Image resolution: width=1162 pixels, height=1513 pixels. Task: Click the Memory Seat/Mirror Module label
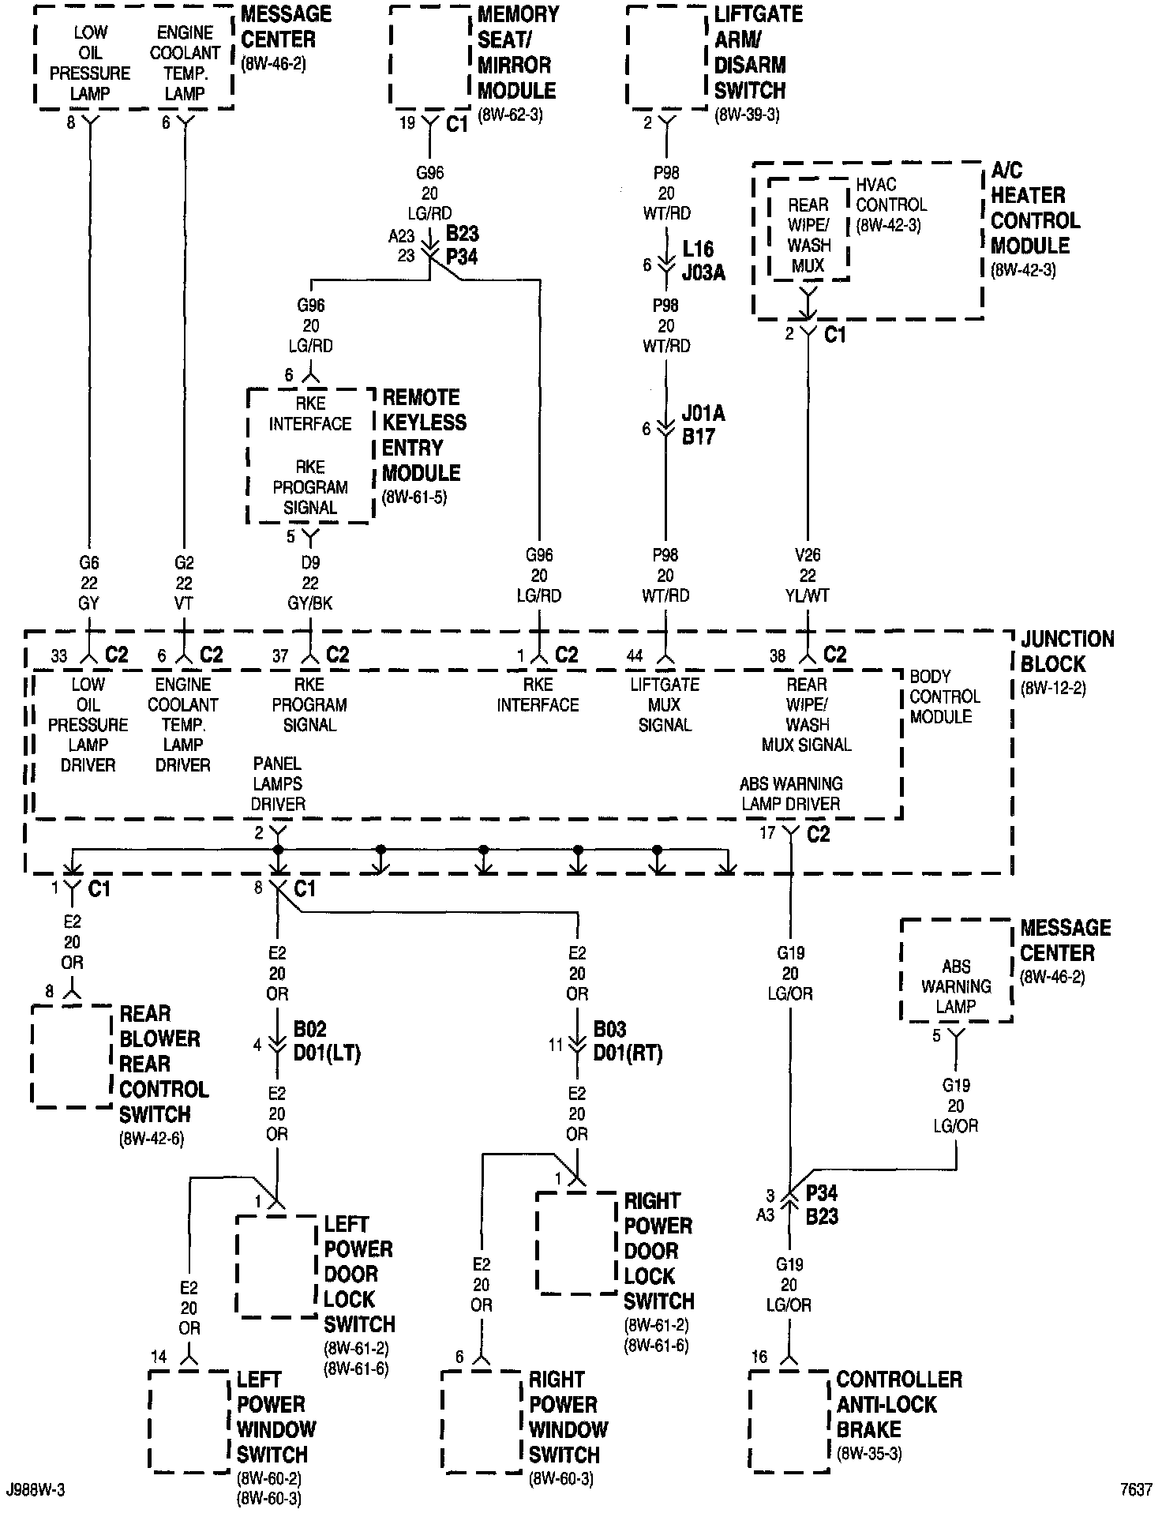517,53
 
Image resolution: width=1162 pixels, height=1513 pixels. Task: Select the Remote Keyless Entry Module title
424,435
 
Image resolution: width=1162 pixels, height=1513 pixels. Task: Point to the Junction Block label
1067,651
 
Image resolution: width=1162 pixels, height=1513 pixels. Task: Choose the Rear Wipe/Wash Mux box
808,235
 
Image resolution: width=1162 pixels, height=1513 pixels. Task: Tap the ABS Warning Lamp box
956,986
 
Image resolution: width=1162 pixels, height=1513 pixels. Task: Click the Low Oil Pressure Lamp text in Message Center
90,63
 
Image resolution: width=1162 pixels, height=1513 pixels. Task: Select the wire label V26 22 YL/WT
808,576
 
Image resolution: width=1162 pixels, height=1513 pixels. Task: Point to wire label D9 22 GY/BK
310,583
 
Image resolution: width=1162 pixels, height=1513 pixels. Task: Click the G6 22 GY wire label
88,583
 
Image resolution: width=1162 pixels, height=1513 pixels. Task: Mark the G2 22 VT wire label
184,583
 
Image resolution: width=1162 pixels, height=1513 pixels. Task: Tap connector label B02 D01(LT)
326,1042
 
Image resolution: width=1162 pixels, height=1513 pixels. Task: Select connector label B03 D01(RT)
627,1042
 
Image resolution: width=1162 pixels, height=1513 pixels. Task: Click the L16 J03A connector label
703,261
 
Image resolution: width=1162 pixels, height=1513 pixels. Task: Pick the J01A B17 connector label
703,425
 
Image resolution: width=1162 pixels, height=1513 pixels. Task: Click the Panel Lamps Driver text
278,784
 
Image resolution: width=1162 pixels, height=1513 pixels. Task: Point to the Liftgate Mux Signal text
665,704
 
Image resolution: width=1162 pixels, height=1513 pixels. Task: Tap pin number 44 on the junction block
634,655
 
